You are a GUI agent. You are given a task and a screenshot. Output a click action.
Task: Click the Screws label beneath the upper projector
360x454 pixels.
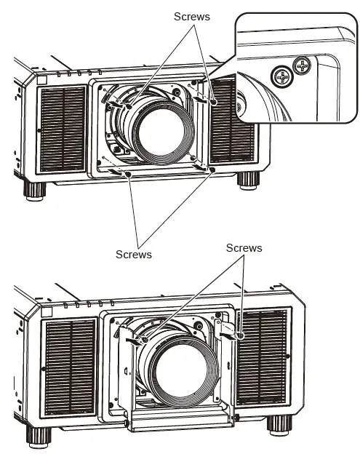[134, 254]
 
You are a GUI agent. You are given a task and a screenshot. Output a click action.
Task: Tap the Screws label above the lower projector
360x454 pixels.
[244, 248]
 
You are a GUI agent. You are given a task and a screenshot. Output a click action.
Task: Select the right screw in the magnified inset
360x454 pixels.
[301, 68]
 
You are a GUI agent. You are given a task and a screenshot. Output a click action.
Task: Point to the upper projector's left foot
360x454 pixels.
[35, 189]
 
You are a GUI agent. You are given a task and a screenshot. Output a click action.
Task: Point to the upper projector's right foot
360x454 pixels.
[248, 179]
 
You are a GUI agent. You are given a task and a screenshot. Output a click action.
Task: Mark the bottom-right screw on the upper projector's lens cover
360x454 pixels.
[211, 170]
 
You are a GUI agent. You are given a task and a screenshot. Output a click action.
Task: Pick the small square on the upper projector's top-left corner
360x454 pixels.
[41, 81]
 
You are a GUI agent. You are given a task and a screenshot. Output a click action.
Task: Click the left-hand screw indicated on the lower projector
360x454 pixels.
[145, 340]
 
